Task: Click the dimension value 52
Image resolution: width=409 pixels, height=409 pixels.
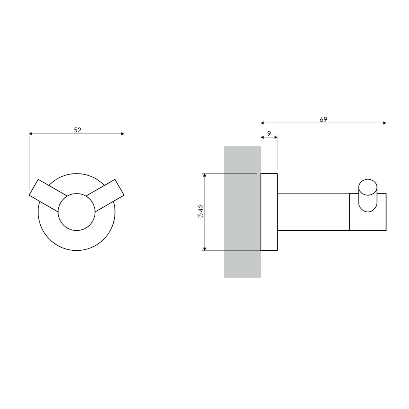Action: coord(78,130)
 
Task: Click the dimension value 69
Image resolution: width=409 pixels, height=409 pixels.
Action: coord(323,119)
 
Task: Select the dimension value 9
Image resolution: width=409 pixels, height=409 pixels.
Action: coord(269,134)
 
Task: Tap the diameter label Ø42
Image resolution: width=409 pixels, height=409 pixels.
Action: coord(201,211)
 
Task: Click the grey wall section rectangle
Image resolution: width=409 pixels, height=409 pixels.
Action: coord(242,212)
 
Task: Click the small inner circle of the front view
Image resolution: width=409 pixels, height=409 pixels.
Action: coord(77,212)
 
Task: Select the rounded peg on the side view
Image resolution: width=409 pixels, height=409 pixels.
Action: coord(368,196)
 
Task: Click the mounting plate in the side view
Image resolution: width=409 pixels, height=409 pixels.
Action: coord(269,212)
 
